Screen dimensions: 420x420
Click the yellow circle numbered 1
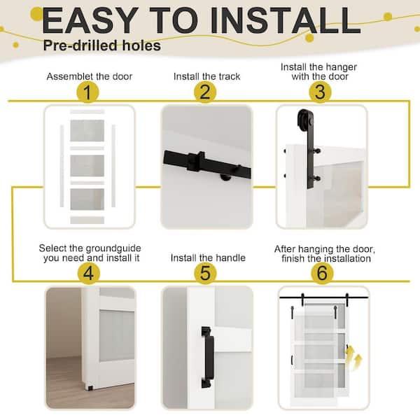click(x=87, y=92)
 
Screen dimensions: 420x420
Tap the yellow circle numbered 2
click(x=204, y=92)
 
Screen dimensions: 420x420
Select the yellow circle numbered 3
click(x=321, y=92)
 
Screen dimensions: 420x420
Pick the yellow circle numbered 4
click(x=87, y=272)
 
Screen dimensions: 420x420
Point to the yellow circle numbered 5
click(x=204, y=272)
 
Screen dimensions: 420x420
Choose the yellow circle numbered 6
click(x=321, y=272)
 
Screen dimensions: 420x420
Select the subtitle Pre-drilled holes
click(x=101, y=46)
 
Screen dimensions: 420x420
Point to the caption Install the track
click(x=206, y=76)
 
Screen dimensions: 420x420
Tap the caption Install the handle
click(x=208, y=258)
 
